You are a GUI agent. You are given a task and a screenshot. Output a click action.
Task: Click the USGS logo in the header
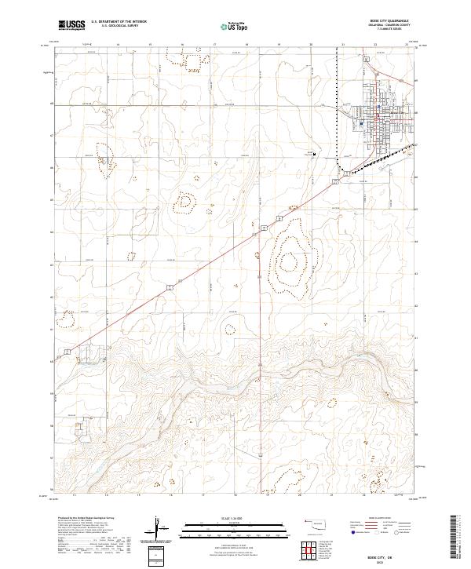pos(72,26)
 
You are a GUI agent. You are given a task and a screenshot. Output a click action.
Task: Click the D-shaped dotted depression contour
pos(185,202)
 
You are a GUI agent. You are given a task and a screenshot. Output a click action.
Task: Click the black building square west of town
pos(314,155)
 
